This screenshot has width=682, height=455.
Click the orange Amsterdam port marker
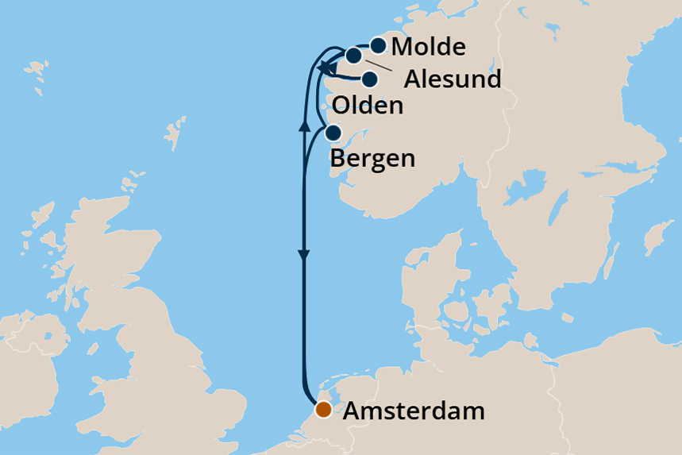[323, 410]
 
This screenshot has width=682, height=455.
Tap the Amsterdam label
[414, 412]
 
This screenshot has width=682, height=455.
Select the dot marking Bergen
[334, 133]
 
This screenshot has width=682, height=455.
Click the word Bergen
[372, 158]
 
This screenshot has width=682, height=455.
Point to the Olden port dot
[370, 79]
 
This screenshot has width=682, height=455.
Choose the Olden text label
[368, 106]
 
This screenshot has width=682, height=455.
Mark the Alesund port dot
[353, 55]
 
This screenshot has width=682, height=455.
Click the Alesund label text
[453, 80]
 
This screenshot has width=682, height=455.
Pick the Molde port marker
[378, 45]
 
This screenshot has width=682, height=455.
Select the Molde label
[429, 47]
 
